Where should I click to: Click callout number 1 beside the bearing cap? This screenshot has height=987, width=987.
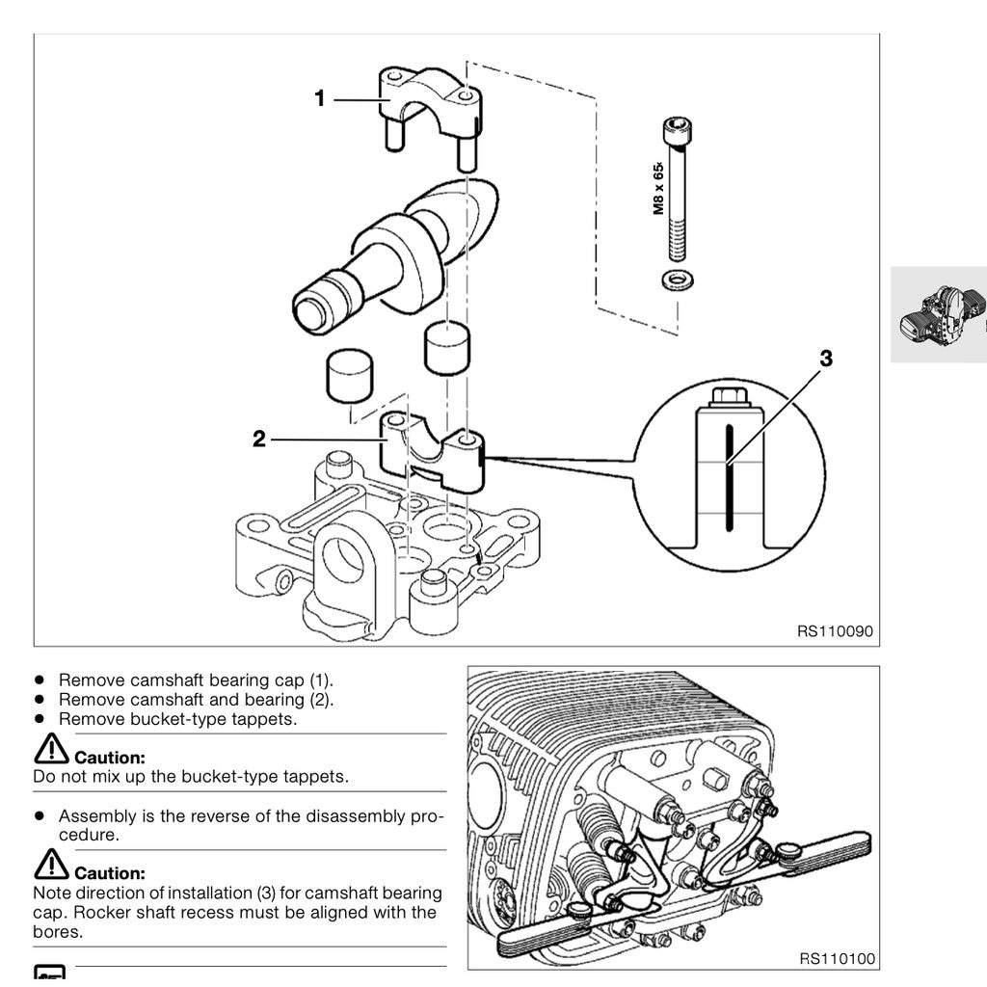pyautogui.click(x=320, y=98)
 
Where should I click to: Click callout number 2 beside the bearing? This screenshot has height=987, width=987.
pyautogui.click(x=258, y=439)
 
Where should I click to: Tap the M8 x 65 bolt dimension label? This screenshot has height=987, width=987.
pyautogui.click(x=659, y=187)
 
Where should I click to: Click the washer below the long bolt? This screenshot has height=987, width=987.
pyautogui.click(x=678, y=280)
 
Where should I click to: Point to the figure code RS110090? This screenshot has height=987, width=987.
pyautogui.click(x=835, y=632)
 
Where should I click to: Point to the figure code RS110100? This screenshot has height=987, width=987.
pyautogui.click(x=837, y=959)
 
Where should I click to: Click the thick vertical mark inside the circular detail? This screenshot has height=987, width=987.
pyautogui.click(x=730, y=473)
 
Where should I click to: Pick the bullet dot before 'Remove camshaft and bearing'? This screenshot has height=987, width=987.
pyautogui.click(x=40, y=699)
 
